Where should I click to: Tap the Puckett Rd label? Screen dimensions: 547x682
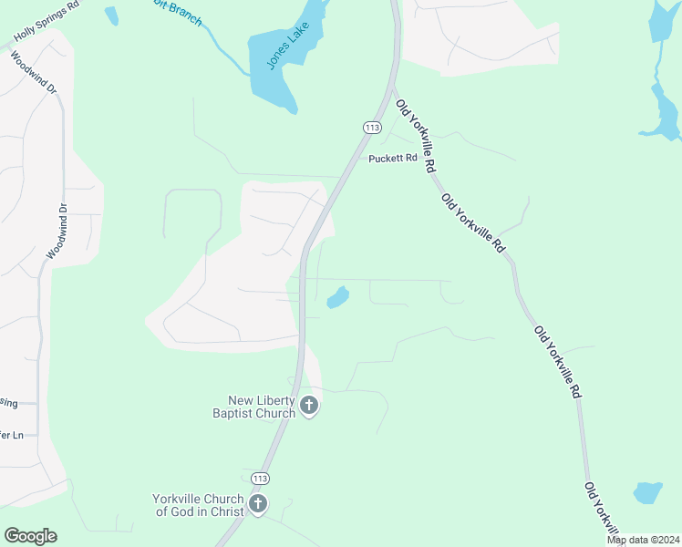coord(393,159)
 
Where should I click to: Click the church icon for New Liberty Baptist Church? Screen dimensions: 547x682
coord(309,406)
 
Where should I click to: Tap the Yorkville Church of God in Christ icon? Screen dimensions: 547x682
coord(258,504)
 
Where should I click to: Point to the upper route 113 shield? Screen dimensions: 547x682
coord(371,128)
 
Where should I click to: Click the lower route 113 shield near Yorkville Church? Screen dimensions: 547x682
coord(261,478)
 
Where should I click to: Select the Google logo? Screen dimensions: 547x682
coord(30,536)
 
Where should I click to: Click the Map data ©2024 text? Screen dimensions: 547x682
coord(643,540)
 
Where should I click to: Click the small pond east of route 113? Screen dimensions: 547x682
coord(337,297)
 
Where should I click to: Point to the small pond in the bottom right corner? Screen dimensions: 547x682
coord(648,493)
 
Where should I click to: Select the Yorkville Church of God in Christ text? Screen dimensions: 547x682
coord(198,505)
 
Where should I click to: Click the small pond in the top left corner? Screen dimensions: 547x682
coord(111,15)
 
